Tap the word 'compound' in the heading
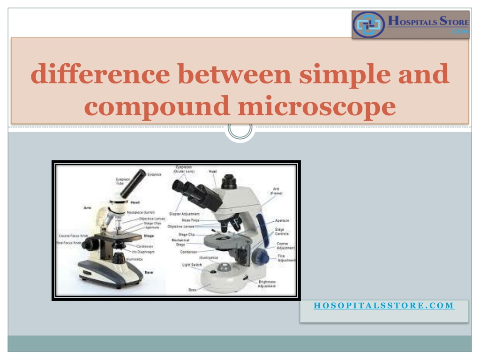pos(157,106)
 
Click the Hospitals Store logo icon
pos(368,25)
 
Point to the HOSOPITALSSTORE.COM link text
pos(384,306)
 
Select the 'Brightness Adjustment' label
pos(267,284)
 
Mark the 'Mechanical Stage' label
pos(180,241)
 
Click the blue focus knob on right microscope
pos(260,257)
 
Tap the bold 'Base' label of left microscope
pos(148,271)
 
